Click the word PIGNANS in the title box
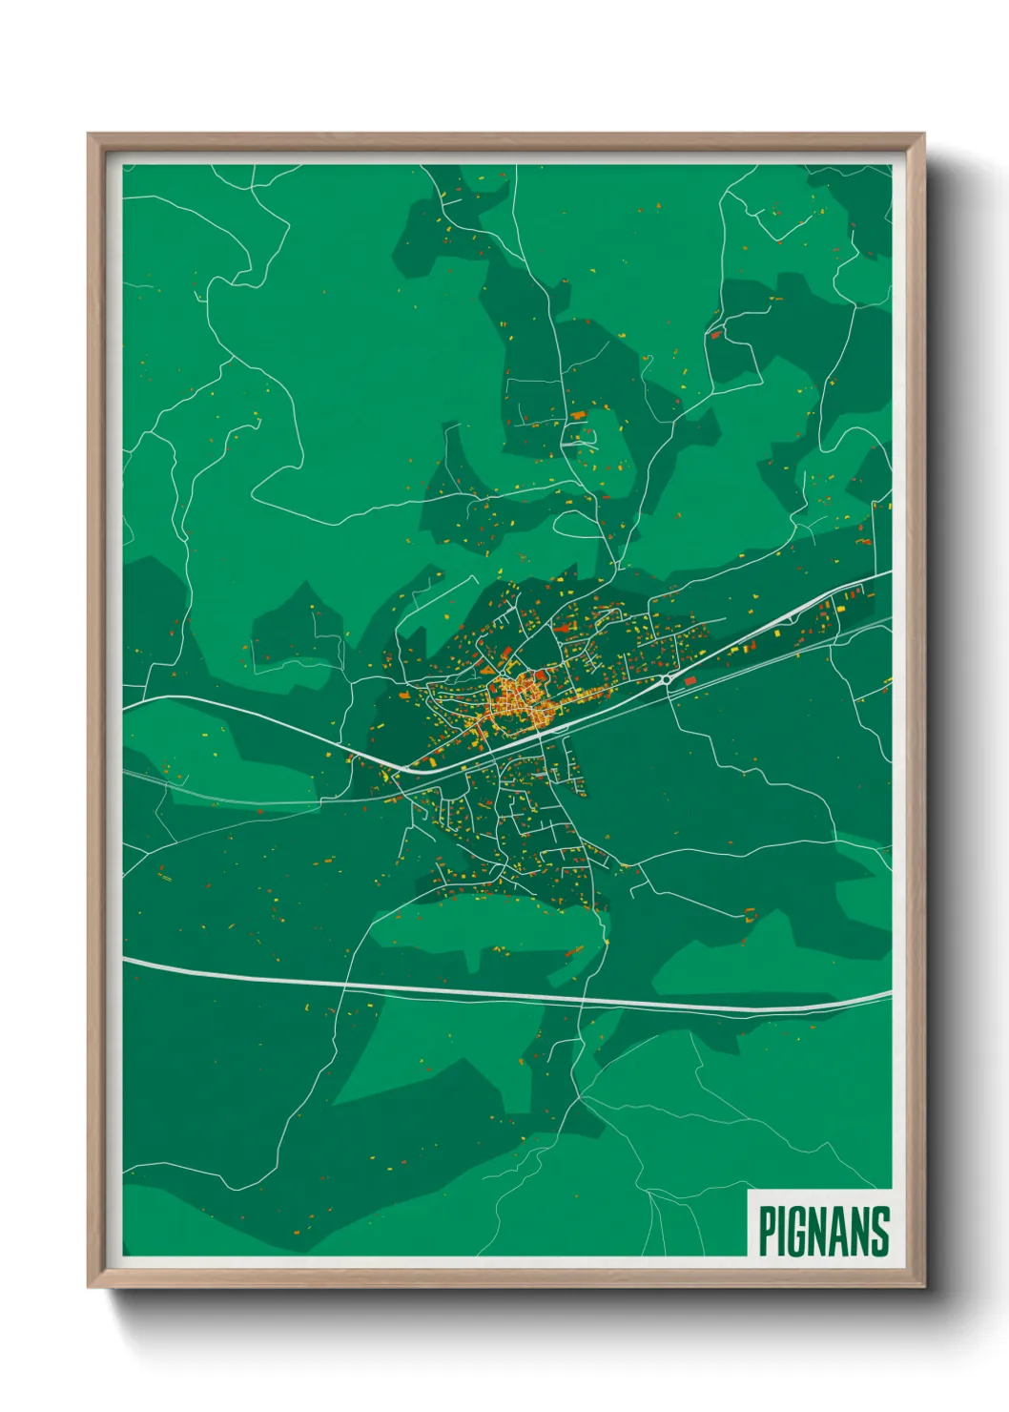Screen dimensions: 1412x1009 824,1231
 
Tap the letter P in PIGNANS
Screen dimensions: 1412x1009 768,1231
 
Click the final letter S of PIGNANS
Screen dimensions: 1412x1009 880,1231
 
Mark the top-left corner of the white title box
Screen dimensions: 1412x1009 749,1191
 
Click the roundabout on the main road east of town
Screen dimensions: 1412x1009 665,679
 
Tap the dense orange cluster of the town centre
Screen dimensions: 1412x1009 515,701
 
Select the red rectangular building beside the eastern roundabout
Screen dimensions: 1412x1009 689,681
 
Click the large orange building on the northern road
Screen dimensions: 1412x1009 578,415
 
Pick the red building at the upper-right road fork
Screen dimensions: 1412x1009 715,334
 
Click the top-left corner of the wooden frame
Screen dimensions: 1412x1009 89,135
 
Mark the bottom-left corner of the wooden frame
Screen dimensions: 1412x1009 89,1288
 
